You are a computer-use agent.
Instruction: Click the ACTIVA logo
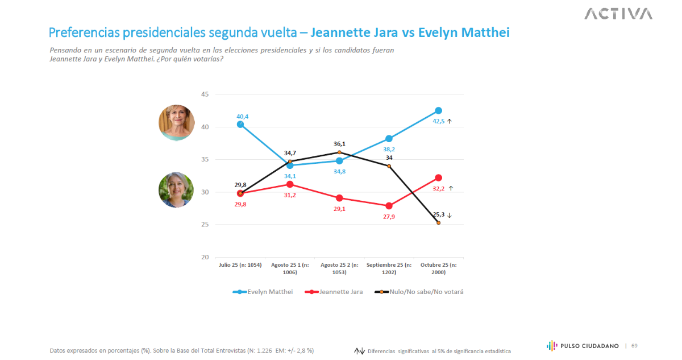point(618,14)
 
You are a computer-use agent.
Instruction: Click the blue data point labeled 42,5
point(438,110)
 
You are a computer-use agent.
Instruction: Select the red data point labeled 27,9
point(389,206)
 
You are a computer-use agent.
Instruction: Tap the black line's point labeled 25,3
point(438,223)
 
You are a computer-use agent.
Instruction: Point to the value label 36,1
point(339,144)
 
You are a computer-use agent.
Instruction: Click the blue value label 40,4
point(242,117)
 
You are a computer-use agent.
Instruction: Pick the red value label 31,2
point(290,195)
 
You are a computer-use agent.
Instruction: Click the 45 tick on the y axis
point(205,94)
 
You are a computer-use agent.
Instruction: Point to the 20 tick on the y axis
point(205,257)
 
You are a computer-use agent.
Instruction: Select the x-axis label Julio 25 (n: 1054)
point(240,265)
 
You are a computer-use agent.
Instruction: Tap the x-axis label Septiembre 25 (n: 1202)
point(389,268)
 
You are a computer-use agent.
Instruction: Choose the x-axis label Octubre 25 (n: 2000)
point(438,268)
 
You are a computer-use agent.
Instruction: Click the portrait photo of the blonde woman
point(177,122)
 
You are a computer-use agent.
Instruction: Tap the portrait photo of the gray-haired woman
point(176,190)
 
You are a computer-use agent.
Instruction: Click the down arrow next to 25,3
point(449,215)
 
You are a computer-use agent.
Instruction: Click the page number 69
point(634,345)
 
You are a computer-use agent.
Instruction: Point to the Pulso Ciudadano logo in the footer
point(583,345)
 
